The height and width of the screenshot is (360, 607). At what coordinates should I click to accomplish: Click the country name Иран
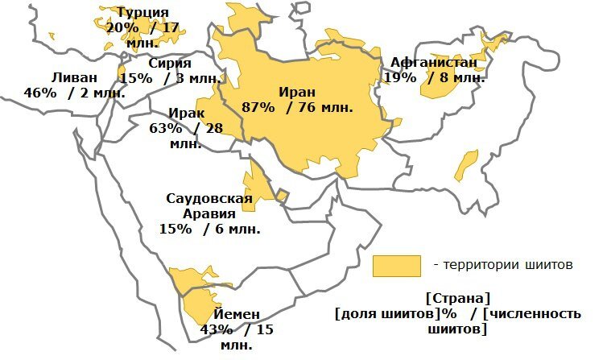click(x=298, y=92)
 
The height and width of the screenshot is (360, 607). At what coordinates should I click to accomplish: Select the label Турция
click(x=142, y=12)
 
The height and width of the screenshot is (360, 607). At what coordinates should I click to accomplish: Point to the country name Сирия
click(x=169, y=63)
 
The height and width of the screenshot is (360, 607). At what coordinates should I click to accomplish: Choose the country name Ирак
click(x=187, y=114)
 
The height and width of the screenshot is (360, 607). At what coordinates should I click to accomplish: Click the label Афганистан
click(x=433, y=63)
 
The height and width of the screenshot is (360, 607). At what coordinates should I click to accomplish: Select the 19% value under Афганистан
click(x=400, y=78)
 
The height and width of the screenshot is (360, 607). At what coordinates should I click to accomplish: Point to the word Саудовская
click(x=209, y=199)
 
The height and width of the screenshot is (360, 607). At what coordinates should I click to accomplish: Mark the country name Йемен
click(x=237, y=314)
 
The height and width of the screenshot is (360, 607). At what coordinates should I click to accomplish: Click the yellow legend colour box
click(x=396, y=266)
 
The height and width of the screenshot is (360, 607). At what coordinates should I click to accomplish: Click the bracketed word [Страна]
click(x=456, y=298)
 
